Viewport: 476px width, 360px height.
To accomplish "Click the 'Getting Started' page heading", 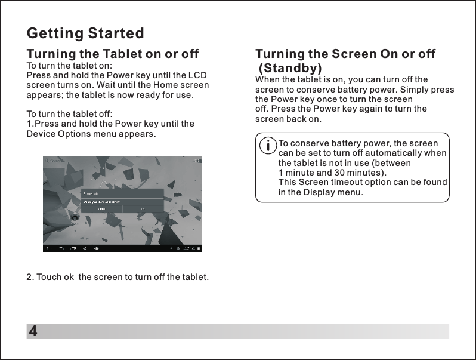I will pyautogui.click(x=85, y=32).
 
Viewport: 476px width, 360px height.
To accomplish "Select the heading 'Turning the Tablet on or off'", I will pyautogui.click(x=113, y=54).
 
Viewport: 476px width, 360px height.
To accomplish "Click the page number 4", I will pyautogui.click(x=33, y=331).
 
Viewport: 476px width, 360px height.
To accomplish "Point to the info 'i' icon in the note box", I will pyautogui.click(x=269, y=145).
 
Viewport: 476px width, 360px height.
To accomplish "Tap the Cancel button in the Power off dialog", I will pyautogui.click(x=102, y=208).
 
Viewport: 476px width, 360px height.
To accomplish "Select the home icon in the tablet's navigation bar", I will pyautogui.click(x=60, y=248).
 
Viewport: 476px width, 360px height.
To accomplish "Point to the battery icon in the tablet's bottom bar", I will pyautogui.click(x=199, y=248).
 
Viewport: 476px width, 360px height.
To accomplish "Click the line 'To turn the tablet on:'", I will pyautogui.click(x=69, y=65).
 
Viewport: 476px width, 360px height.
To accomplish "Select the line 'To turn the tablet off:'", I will pyautogui.click(x=69, y=114).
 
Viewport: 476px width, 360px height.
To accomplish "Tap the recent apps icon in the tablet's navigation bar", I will pyautogui.click(x=73, y=248).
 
